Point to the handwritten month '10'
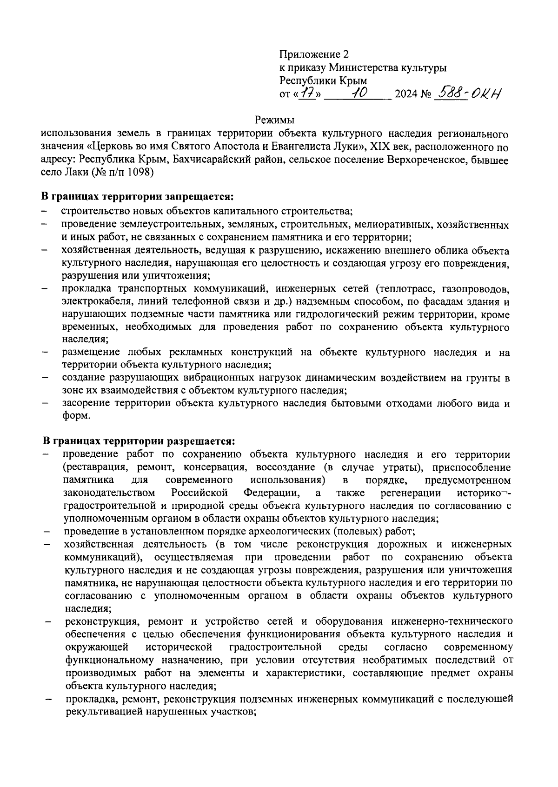[x=359, y=93]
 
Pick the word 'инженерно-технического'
[x=452, y=621]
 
